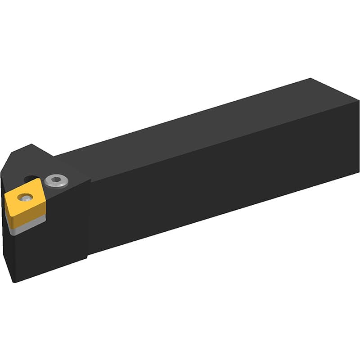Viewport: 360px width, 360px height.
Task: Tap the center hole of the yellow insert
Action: point(24,197)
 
